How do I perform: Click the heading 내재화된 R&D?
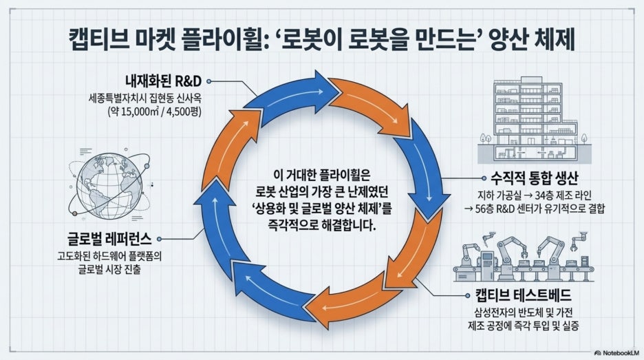click(x=164, y=81)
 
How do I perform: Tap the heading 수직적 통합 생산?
click(x=535, y=178)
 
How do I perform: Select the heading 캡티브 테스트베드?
click(x=523, y=295)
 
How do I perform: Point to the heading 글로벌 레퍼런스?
click(x=109, y=239)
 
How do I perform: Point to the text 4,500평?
click(x=184, y=112)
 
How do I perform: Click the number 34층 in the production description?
click(x=544, y=195)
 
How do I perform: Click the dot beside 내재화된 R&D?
click(x=209, y=81)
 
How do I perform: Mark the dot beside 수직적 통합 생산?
click(x=484, y=178)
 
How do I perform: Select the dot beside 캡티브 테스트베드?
click(x=467, y=295)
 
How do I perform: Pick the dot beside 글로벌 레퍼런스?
click(x=159, y=239)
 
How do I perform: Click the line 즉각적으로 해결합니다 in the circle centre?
click(x=321, y=225)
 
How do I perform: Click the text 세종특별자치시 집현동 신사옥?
click(x=145, y=98)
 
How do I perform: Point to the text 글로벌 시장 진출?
click(x=109, y=270)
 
